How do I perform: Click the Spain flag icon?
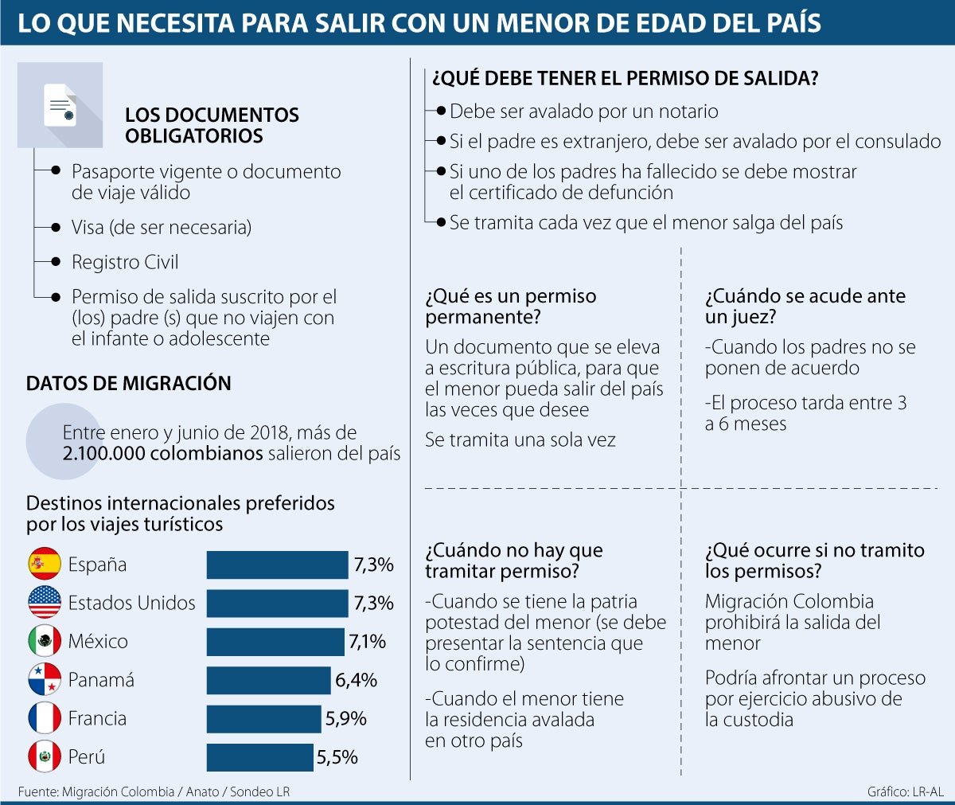(45, 564)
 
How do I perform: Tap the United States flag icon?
(45, 602)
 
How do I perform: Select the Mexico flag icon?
(45, 641)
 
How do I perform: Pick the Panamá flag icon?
(45, 679)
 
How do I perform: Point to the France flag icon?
(45, 718)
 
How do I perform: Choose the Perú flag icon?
(45, 756)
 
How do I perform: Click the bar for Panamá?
(268, 680)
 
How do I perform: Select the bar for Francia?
(263, 718)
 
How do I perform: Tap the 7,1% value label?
(367, 641)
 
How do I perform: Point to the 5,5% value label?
(337, 757)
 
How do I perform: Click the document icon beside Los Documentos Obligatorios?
(60, 105)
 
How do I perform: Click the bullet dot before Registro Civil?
(56, 262)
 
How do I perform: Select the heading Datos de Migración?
(128, 383)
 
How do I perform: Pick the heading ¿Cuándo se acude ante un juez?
(805, 306)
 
